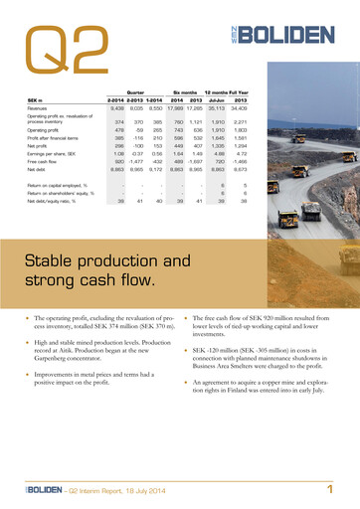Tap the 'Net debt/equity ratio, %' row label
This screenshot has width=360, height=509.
click(58, 201)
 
